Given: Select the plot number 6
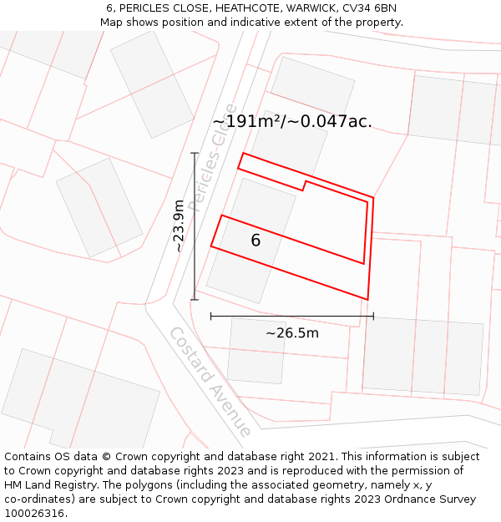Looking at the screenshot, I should [256, 241].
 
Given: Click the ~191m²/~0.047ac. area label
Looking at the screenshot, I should [292, 122].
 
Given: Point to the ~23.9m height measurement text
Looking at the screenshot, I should [178, 226].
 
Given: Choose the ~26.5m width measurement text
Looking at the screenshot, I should [292, 333].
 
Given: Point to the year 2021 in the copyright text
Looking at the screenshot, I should [320, 457].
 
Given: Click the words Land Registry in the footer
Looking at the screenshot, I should [60, 485].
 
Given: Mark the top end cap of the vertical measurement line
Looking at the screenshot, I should [195, 153].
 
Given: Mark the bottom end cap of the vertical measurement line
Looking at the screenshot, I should [195, 300].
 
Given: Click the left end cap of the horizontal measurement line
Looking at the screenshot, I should [210, 316].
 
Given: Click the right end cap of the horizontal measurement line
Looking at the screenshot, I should [373, 316].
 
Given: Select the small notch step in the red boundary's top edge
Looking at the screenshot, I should [304, 185].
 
